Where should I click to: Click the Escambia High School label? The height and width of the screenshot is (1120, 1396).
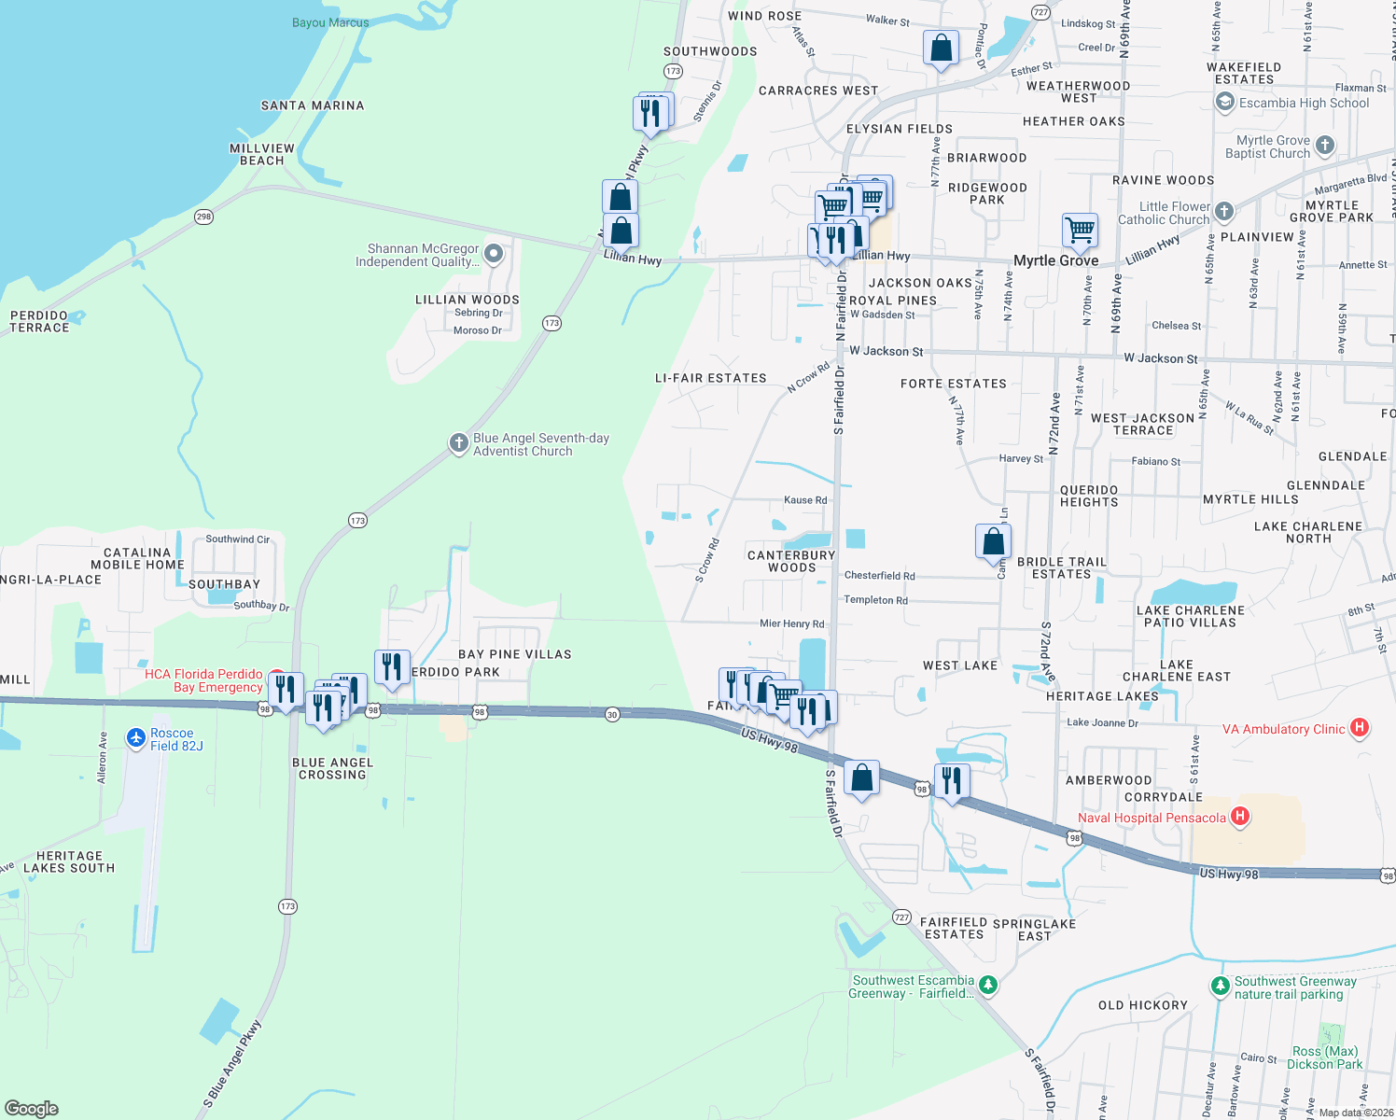click(x=1304, y=104)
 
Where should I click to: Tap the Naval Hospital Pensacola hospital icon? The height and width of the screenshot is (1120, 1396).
click(x=1239, y=818)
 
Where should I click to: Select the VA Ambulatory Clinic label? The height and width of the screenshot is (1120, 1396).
click(x=1284, y=729)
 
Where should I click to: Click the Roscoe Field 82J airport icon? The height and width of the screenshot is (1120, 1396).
click(x=136, y=738)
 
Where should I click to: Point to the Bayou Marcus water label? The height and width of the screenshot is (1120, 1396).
click(x=330, y=22)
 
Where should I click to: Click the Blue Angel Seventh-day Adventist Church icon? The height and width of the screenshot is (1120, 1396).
click(x=458, y=443)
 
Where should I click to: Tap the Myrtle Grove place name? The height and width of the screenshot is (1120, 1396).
click(x=1055, y=261)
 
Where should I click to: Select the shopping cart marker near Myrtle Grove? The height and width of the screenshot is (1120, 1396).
click(x=1080, y=230)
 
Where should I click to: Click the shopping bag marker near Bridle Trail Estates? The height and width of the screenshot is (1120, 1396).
click(x=993, y=541)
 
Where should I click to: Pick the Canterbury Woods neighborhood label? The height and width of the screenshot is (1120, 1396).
click(x=791, y=561)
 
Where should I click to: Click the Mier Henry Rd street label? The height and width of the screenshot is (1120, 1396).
click(x=791, y=623)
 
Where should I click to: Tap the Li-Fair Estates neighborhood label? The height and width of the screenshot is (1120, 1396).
click(x=710, y=378)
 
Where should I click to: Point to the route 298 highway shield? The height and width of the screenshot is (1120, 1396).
click(x=203, y=217)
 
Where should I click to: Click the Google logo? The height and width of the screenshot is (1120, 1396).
click(x=32, y=1108)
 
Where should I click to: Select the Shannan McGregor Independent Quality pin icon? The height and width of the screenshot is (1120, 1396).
click(x=494, y=254)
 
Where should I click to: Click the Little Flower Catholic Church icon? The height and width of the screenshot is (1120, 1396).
click(x=1224, y=212)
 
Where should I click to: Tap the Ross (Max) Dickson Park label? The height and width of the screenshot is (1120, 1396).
click(x=1324, y=1057)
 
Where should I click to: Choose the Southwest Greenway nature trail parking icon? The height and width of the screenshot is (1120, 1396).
click(x=1219, y=986)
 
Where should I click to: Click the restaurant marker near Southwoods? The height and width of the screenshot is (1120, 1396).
click(x=649, y=114)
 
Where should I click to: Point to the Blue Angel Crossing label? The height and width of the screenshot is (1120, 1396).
click(x=332, y=768)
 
